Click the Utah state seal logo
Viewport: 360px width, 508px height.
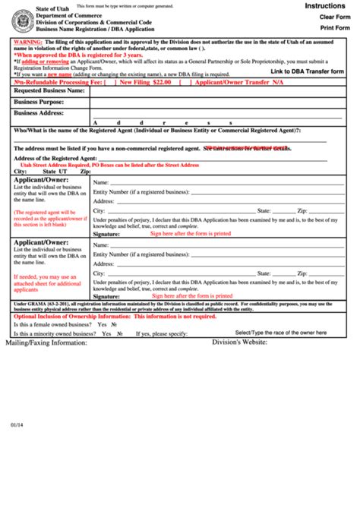(x=22, y=21)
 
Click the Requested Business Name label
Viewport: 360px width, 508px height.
(x=49, y=90)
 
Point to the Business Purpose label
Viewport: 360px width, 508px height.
(x=39, y=101)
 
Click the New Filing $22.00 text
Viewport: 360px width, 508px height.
(x=147, y=81)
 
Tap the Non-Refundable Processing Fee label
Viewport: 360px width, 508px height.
(x=54, y=81)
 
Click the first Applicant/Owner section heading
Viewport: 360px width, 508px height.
(x=42, y=180)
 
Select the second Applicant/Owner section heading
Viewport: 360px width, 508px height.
(x=42, y=243)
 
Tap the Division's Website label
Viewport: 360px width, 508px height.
(x=239, y=342)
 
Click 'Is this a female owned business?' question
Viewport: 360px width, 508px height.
(x=53, y=323)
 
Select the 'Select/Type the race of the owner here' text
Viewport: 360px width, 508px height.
(x=281, y=333)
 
